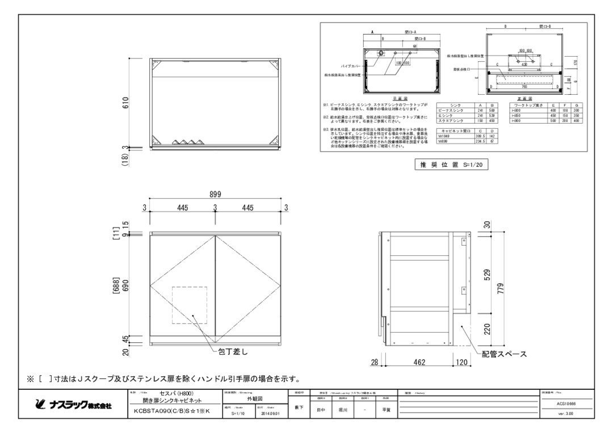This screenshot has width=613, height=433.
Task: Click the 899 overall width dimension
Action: pyautogui.click(x=215, y=194)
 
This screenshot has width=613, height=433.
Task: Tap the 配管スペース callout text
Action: pyautogui.click(x=505, y=354)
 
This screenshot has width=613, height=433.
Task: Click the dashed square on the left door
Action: pyautogui.click(x=190, y=305)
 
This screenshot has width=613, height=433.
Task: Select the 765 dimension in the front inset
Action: pyautogui.click(x=524, y=86)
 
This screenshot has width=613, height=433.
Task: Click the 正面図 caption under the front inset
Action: pyautogui.click(x=524, y=98)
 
